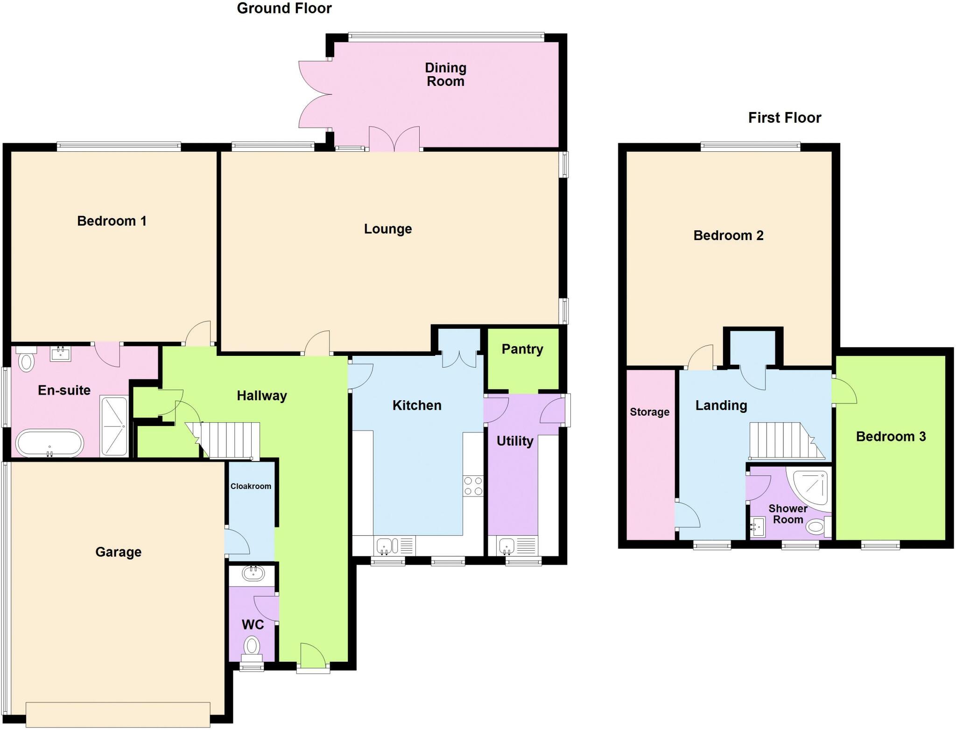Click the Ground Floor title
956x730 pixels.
[284, 8]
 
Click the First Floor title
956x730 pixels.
[784, 118]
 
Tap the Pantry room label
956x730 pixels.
[522, 349]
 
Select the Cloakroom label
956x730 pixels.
[251, 486]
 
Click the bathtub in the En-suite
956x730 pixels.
[49, 443]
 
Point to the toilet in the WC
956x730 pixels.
[252, 647]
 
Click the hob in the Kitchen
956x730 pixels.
[473, 486]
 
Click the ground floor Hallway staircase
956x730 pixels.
[229, 440]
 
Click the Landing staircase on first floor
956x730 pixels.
[784, 441]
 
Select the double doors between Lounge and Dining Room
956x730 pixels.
[394, 139]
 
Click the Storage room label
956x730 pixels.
[649, 412]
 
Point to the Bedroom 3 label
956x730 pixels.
[890, 437]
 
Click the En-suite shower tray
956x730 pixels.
[114, 426]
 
